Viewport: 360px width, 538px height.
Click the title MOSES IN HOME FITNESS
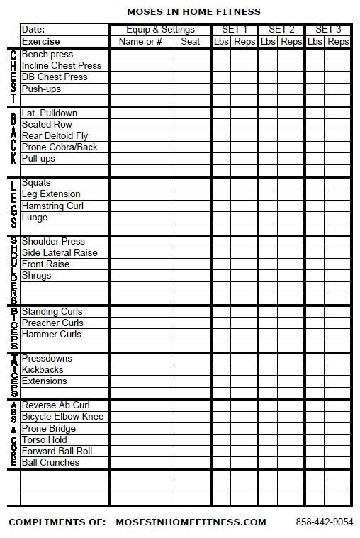pos(193,11)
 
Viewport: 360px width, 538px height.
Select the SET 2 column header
pos(281,30)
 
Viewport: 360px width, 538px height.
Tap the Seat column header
pos(191,42)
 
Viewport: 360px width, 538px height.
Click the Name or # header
pos(140,42)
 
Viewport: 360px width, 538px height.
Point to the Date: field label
pos(33,30)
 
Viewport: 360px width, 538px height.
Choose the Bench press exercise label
pos(47,55)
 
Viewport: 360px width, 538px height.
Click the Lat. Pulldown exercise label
pos(50,113)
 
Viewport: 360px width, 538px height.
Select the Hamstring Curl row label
pos(52,206)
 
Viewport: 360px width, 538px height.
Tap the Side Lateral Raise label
pos(60,253)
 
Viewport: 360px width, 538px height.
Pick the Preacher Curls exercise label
pos(52,323)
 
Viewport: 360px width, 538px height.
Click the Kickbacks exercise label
pos(43,370)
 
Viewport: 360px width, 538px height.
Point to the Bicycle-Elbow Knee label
pos(62,417)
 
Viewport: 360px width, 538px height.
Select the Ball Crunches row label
pos(50,463)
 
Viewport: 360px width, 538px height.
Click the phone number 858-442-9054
pos(324,522)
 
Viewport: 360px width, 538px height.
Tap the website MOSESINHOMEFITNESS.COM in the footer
pos(191,522)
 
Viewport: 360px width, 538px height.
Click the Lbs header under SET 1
pos(221,42)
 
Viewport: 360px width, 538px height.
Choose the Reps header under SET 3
pos(338,42)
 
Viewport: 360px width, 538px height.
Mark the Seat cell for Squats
pos(191,183)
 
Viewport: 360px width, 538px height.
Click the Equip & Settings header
pos(160,30)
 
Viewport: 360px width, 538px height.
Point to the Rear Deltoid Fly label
pos(55,136)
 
